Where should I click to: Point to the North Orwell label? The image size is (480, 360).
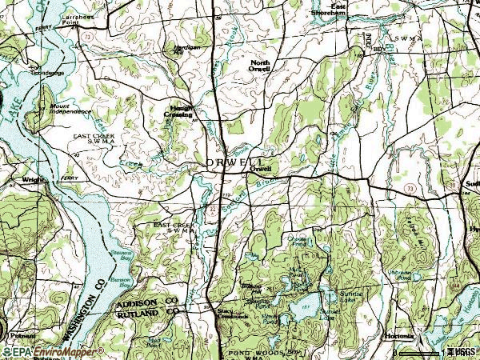pyautogui.click(x=261, y=66)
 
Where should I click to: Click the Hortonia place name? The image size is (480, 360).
pyautogui.click(x=398, y=336)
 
